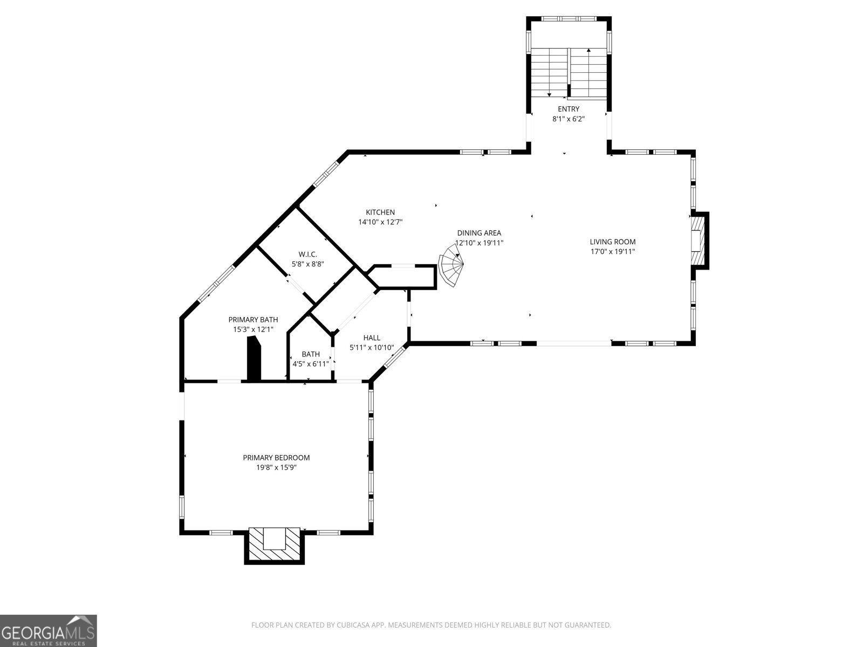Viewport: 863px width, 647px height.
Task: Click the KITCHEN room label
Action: click(x=380, y=212)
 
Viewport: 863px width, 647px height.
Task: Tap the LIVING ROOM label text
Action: click(x=612, y=242)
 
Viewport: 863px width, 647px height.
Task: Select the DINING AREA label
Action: click(x=479, y=233)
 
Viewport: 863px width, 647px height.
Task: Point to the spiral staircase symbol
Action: click(x=452, y=269)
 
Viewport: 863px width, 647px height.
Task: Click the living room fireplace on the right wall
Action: click(x=700, y=240)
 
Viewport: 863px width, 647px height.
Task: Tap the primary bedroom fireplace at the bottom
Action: click(x=274, y=545)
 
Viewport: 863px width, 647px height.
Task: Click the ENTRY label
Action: click(x=569, y=109)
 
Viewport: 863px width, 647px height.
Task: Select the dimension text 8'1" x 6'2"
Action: click(x=569, y=119)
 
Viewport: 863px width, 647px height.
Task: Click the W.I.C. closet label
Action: click(x=307, y=254)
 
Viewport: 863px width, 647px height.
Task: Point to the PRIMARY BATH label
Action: click(x=253, y=320)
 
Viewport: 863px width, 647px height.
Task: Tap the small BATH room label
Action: click(x=310, y=354)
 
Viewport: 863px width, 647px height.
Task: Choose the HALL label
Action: click(x=372, y=338)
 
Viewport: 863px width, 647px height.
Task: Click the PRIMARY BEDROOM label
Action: click(x=276, y=458)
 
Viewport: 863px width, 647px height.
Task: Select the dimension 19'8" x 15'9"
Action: click(x=276, y=467)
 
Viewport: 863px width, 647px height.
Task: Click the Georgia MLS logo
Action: click(x=49, y=630)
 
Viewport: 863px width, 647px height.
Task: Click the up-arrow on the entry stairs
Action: click(x=588, y=51)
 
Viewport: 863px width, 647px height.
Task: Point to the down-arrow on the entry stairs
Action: click(x=549, y=94)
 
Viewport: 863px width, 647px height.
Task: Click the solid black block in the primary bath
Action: click(x=254, y=358)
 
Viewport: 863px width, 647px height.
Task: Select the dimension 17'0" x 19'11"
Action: click(x=612, y=251)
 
